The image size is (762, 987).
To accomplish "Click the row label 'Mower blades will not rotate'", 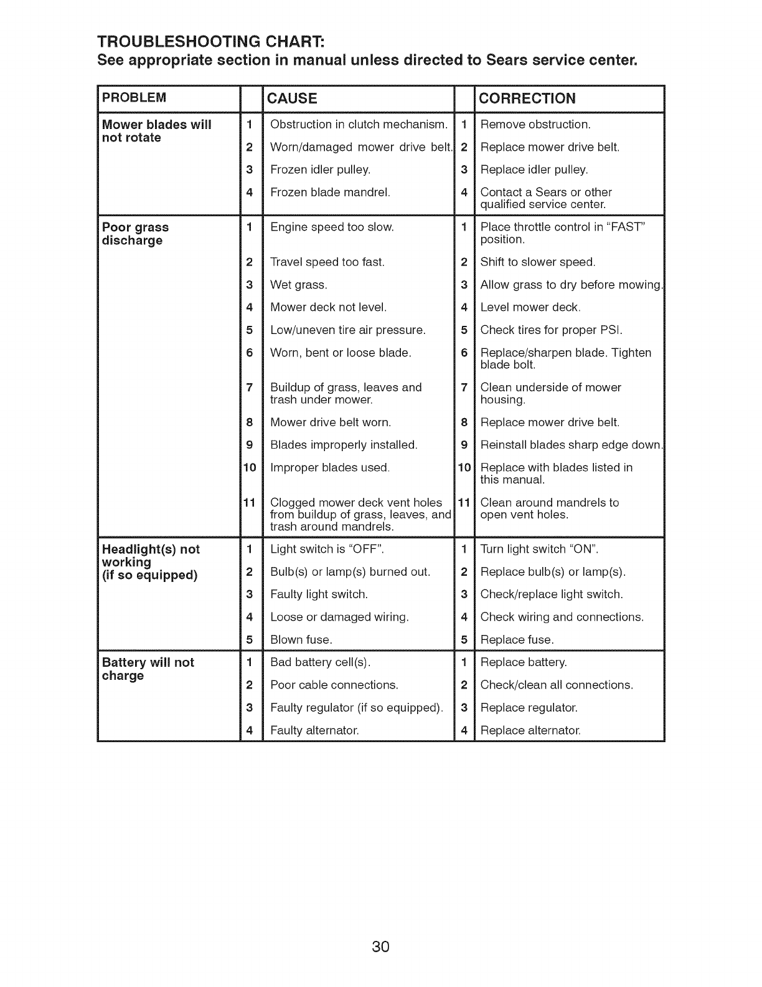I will [x=156, y=130].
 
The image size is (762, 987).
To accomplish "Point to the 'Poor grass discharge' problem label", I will [x=135, y=234].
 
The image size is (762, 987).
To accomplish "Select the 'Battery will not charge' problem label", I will [x=148, y=669].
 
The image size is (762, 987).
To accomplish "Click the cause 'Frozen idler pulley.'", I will [x=320, y=169].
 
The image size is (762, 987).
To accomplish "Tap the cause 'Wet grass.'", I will [x=299, y=285].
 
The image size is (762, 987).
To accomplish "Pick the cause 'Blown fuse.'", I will [x=301, y=639].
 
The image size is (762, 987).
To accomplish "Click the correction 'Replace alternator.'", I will [x=530, y=730].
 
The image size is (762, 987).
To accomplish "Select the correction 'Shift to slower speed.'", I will [x=538, y=262].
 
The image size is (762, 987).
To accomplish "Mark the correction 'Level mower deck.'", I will [x=530, y=307].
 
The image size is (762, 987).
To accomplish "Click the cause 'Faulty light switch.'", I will [x=319, y=594].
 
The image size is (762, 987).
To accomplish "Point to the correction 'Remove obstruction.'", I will [x=535, y=124].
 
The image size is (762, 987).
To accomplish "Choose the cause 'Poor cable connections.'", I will [x=334, y=685].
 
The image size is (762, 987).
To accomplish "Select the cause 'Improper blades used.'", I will [x=330, y=467].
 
